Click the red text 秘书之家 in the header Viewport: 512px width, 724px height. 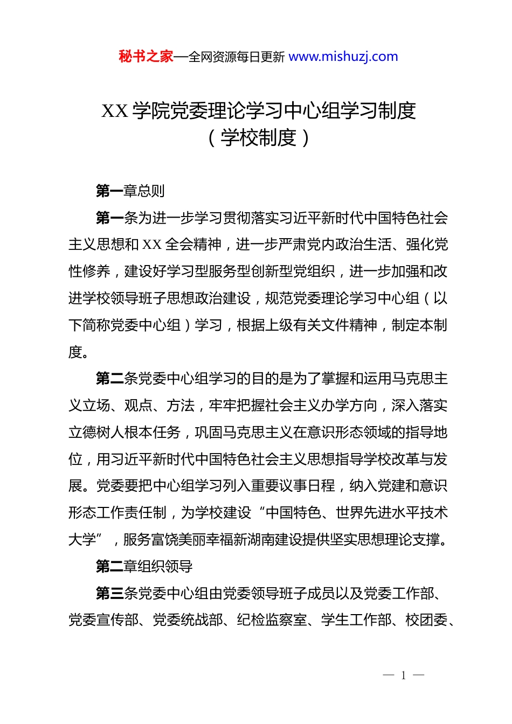[146, 57]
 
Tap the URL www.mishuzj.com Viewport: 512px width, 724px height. [343, 57]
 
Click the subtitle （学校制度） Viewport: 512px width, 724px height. [259, 138]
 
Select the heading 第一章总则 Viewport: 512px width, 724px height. [130, 191]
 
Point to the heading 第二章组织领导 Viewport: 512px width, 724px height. [144, 567]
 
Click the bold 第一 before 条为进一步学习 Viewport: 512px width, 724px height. [109, 218]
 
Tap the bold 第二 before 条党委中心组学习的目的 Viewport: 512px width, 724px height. [109, 379]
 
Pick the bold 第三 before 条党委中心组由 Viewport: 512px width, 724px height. [109, 594]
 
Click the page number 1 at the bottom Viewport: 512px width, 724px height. [403, 676]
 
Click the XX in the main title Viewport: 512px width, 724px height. [114, 111]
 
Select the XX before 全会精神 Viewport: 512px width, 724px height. [152, 245]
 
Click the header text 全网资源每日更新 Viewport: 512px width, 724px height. [237, 57]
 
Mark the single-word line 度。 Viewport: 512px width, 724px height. [79, 352]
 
